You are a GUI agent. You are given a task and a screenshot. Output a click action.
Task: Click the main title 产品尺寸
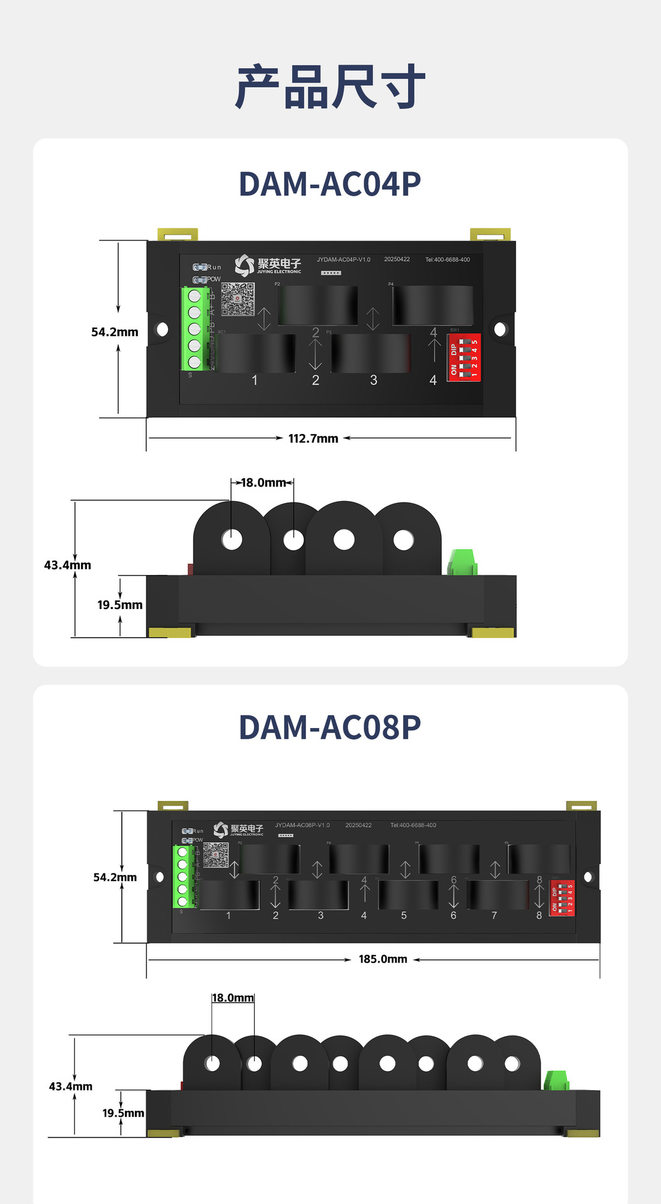click(x=330, y=87)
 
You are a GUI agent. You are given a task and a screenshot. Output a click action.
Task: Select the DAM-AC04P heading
click(x=330, y=184)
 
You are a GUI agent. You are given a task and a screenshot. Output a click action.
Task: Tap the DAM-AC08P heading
click(x=330, y=727)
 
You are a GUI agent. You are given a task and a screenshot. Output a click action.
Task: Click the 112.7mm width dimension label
click(x=313, y=438)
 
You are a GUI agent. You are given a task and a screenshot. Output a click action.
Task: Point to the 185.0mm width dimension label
click(x=383, y=959)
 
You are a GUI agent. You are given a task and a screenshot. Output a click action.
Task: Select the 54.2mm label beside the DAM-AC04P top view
click(x=115, y=332)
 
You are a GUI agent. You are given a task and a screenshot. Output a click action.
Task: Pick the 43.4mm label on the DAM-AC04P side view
click(x=67, y=565)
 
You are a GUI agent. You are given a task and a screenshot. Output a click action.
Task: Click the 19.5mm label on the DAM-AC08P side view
click(x=123, y=1113)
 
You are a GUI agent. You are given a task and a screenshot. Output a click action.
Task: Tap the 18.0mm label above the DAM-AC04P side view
click(x=263, y=483)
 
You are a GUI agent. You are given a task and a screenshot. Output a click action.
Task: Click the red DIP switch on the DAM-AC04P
click(x=464, y=357)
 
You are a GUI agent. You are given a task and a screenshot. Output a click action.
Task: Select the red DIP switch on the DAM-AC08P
click(x=562, y=898)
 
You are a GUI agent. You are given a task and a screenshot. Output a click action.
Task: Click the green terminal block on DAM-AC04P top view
click(x=194, y=329)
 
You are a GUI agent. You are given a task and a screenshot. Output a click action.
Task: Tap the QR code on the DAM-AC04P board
click(x=238, y=299)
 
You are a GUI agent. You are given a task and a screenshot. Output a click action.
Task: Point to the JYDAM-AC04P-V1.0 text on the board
click(x=344, y=260)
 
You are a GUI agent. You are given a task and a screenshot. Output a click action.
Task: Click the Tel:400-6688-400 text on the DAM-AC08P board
click(x=413, y=825)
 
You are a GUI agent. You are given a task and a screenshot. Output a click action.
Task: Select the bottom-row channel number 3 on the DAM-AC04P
click(x=374, y=380)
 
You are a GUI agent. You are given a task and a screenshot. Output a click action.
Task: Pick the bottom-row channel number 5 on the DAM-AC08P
click(x=404, y=916)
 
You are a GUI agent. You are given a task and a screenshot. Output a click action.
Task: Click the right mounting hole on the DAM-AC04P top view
click(x=500, y=329)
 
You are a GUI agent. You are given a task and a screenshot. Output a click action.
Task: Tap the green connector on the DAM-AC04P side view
click(x=463, y=562)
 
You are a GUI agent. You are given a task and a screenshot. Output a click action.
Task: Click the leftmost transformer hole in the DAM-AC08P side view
click(x=213, y=1064)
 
